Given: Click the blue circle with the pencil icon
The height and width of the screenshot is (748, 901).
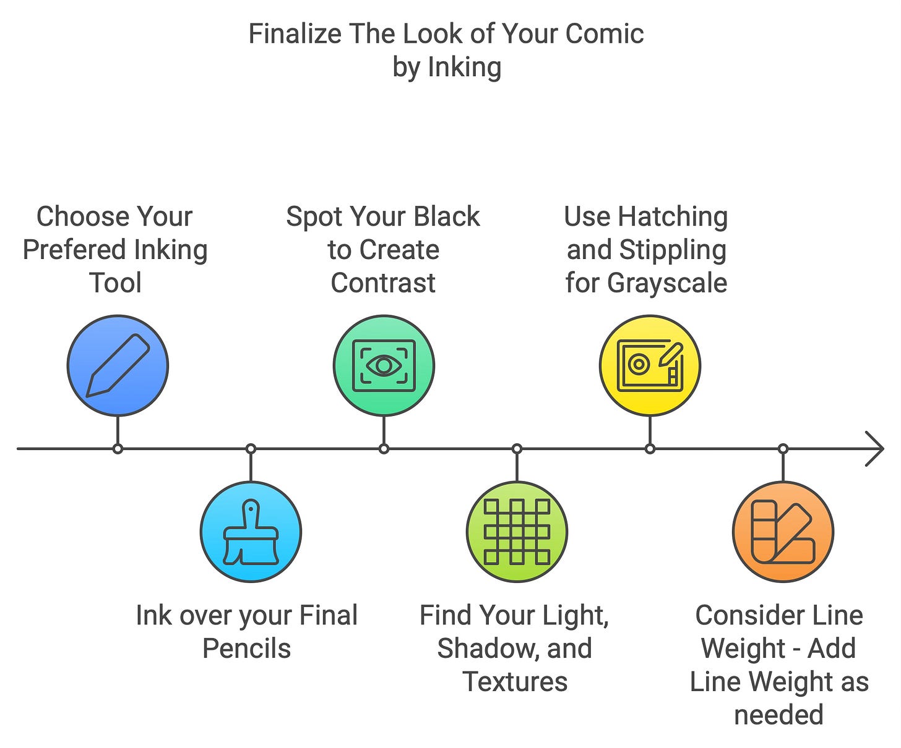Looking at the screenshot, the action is pyautogui.click(x=118, y=365).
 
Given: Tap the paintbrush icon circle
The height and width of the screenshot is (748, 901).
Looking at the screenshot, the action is pyautogui.click(x=251, y=532).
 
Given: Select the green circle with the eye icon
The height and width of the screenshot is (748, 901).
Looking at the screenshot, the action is pyautogui.click(x=384, y=365).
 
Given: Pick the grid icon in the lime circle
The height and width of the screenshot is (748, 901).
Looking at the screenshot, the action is pyautogui.click(x=517, y=532).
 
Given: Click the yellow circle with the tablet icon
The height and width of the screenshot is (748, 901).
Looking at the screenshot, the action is pyautogui.click(x=650, y=365).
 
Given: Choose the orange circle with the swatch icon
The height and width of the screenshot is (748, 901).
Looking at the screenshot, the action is pyautogui.click(x=783, y=532).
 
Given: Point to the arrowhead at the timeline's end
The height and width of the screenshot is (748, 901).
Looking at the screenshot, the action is pyautogui.click(x=875, y=449).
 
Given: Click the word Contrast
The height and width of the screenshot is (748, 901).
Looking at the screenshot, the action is pyautogui.click(x=383, y=283).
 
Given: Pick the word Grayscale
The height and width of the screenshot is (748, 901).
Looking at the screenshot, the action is pyautogui.click(x=667, y=283).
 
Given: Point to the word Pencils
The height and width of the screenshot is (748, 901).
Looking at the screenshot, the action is pyautogui.click(x=246, y=649).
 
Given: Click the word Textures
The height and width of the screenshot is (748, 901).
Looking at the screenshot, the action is pyautogui.click(x=515, y=682).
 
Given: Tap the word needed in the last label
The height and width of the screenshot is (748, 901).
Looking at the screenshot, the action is pyautogui.click(x=778, y=715).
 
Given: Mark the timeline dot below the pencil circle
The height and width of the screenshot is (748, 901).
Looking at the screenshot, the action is pyautogui.click(x=118, y=449).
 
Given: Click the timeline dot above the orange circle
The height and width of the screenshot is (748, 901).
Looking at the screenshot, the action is pyautogui.click(x=783, y=449).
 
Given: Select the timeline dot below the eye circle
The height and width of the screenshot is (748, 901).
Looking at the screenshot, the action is pyautogui.click(x=384, y=449).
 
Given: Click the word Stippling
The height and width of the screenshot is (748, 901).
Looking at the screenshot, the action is pyautogui.click(x=673, y=250).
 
